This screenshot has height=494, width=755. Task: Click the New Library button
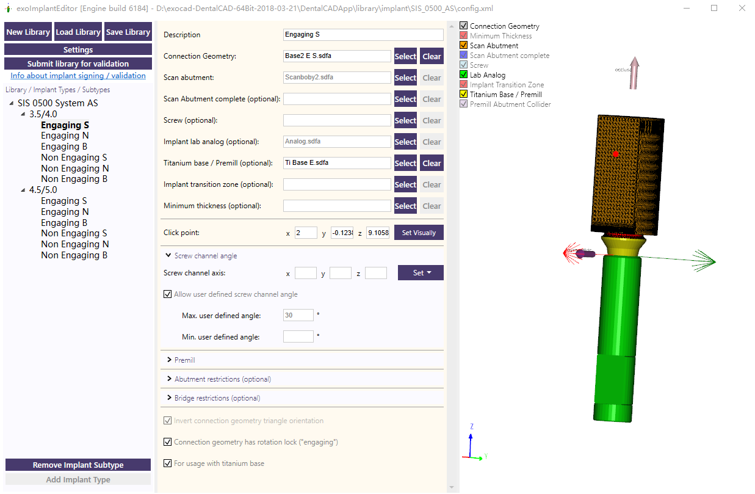click(28, 32)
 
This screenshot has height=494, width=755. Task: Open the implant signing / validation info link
click(78, 76)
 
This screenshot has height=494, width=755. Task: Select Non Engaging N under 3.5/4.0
click(74, 169)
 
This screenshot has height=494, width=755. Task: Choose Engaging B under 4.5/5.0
click(64, 223)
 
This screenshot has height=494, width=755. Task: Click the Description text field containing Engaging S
click(363, 35)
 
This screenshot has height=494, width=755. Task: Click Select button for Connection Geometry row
click(405, 56)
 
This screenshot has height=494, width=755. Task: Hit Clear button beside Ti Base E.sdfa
click(432, 163)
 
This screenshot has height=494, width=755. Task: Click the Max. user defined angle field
click(298, 315)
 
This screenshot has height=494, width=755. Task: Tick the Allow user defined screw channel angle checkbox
click(168, 294)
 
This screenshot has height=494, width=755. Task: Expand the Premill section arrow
click(169, 360)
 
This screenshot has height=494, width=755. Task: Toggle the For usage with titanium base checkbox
click(168, 463)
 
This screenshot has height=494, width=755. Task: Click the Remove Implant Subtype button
click(78, 465)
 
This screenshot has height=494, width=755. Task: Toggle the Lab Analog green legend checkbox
click(464, 75)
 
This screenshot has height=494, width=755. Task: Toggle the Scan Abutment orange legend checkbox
click(464, 46)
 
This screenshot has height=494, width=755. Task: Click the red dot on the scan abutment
click(616, 154)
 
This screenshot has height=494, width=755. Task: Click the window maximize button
click(714, 9)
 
